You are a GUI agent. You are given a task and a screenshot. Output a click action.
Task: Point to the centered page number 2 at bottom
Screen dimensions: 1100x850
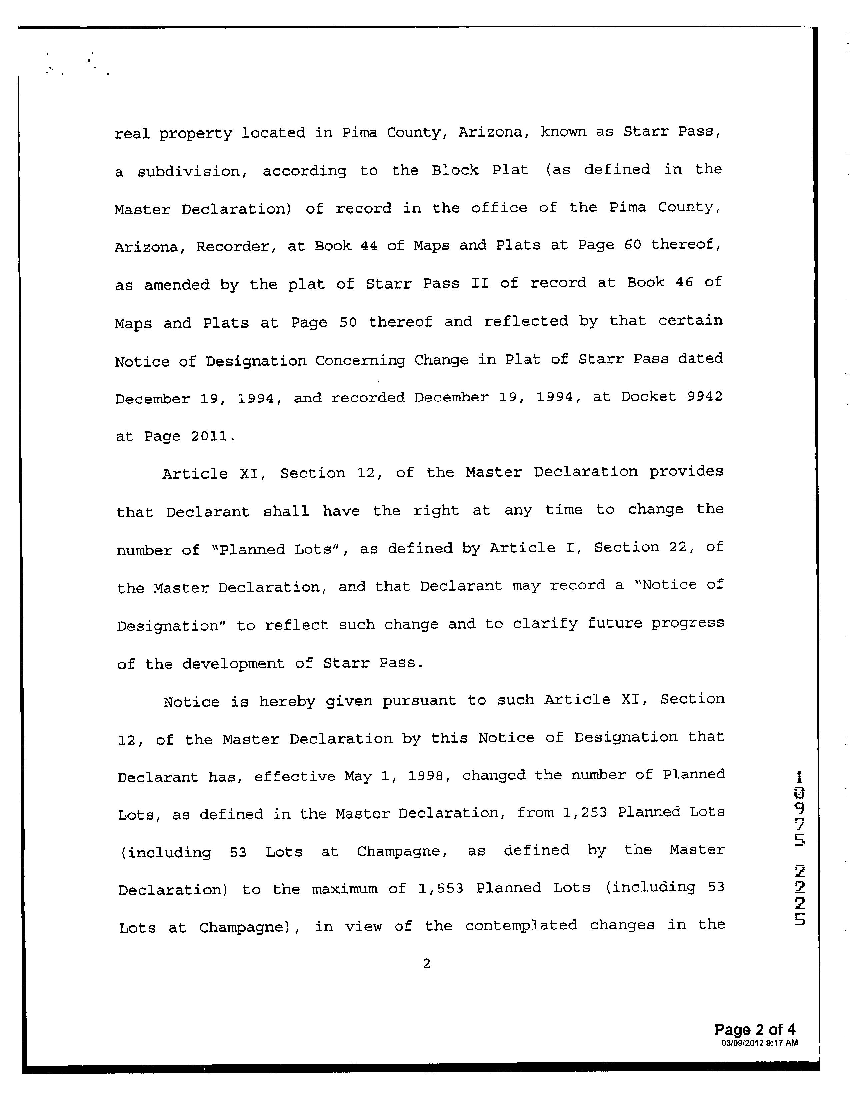click(x=426, y=964)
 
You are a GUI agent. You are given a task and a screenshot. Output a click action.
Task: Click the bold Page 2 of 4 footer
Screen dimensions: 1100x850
click(x=755, y=1029)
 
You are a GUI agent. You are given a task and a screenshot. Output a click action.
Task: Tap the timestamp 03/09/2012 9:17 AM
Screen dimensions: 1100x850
click(x=759, y=1043)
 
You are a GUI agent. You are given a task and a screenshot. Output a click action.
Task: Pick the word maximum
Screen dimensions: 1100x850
click(x=344, y=889)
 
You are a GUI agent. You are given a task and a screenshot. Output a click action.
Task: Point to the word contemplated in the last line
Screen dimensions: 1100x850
click(x=521, y=926)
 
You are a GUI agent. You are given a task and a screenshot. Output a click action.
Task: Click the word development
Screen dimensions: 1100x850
click(x=233, y=663)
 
